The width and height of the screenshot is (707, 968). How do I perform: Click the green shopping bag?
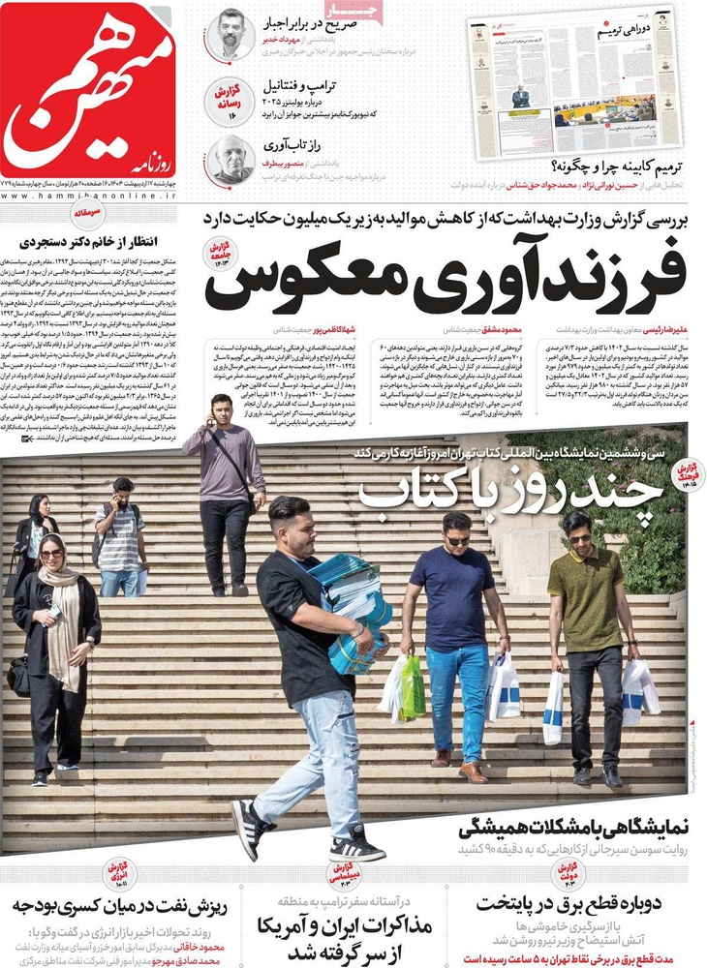point(413,688)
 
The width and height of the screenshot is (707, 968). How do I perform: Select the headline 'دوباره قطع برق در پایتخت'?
point(582,906)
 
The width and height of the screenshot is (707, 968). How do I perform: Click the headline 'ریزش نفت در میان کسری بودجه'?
point(120,906)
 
